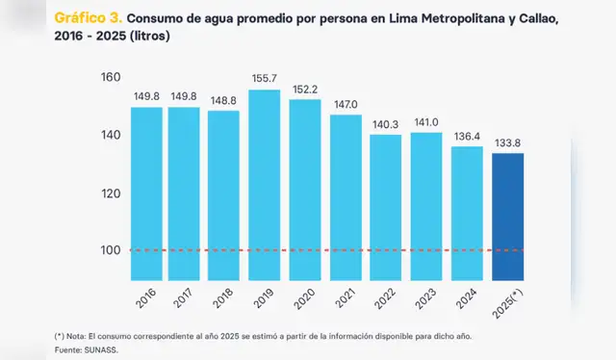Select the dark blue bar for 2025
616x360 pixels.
tap(508, 218)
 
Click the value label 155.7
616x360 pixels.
tap(265, 77)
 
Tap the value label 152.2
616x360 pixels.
tap(305, 88)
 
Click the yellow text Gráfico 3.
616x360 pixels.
tap(88, 17)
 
